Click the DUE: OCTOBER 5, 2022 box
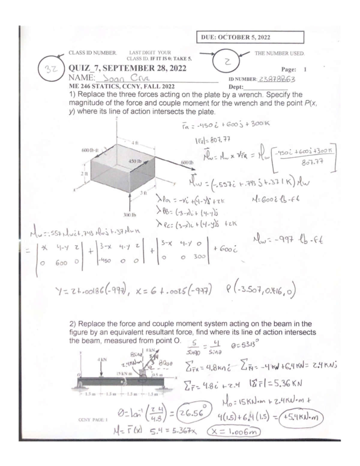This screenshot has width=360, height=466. coord(250,37)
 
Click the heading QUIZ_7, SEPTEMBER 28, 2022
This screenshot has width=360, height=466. coord(127,68)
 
